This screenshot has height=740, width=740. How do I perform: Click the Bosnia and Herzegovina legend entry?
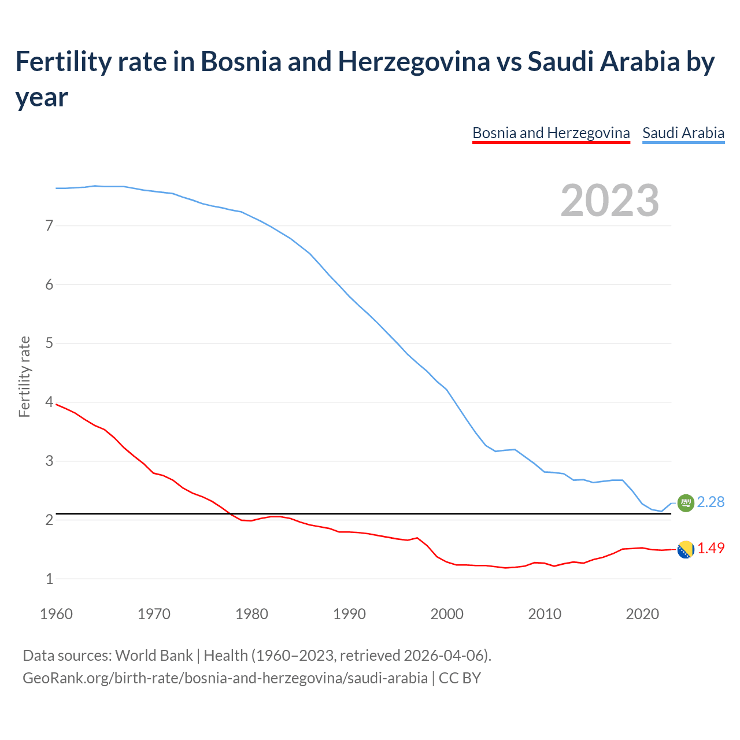click(x=550, y=133)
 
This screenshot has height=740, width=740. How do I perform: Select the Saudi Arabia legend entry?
click(x=683, y=133)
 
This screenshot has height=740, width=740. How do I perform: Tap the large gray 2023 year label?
click(x=610, y=200)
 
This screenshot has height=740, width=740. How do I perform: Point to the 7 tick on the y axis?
click(x=49, y=225)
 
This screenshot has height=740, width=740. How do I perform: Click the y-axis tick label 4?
click(x=49, y=402)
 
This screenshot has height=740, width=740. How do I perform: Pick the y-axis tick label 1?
click(x=49, y=578)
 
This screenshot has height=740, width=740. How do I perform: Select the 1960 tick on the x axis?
click(x=56, y=614)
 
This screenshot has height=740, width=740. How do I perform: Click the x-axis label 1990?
click(x=349, y=614)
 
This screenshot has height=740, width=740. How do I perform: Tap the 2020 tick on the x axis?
click(x=642, y=614)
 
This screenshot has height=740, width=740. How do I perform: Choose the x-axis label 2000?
click(x=447, y=614)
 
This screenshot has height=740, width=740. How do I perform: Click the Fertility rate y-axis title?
click(x=24, y=376)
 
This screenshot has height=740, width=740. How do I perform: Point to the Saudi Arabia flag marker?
click(x=685, y=503)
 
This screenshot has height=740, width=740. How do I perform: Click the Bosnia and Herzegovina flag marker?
click(x=685, y=549)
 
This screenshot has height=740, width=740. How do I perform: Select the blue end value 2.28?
click(x=711, y=502)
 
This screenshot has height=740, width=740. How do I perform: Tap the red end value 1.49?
click(x=711, y=548)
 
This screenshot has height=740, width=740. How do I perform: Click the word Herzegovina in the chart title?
click(x=413, y=61)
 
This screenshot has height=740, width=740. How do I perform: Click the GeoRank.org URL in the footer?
click(x=225, y=678)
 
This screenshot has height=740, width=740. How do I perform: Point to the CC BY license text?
click(x=460, y=678)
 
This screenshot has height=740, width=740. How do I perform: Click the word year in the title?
click(x=42, y=97)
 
